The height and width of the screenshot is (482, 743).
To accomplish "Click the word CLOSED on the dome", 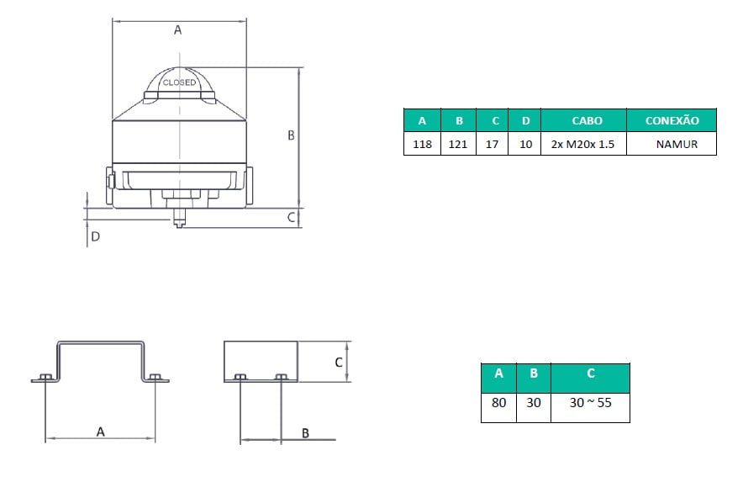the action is tap(179, 82).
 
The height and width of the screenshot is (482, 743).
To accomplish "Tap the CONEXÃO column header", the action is tap(672, 120).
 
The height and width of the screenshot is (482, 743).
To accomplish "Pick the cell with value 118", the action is tap(422, 144).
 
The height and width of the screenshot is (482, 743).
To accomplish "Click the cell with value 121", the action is tap(458, 144).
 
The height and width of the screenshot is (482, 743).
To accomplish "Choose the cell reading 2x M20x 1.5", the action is tap(583, 144).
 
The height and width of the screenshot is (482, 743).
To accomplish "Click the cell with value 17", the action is tap(492, 144).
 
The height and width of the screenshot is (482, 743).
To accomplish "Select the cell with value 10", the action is tap(524, 144).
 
